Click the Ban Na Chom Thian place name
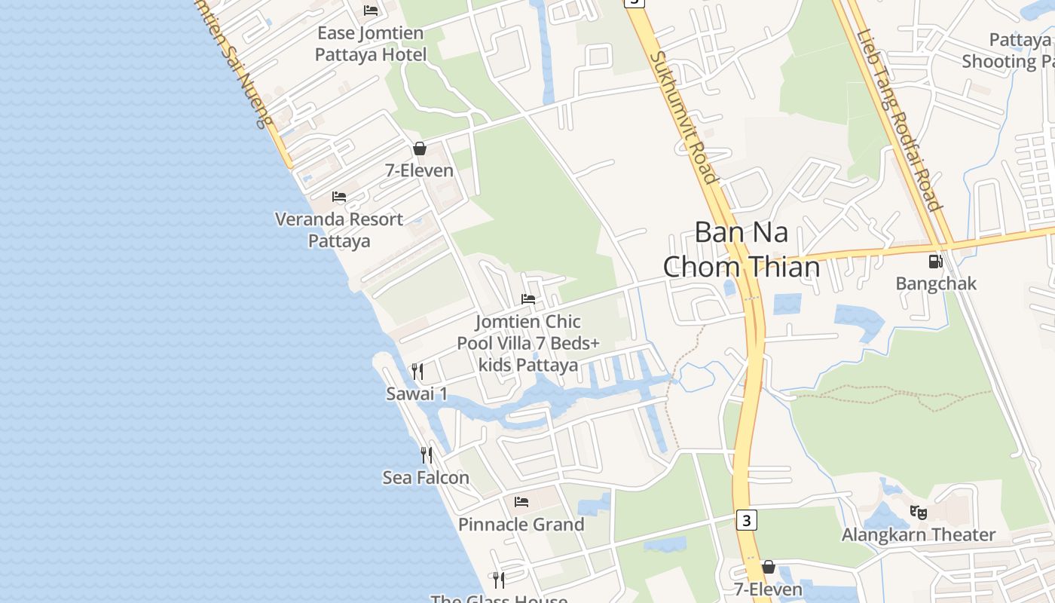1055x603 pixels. pyautogui.click(x=742, y=249)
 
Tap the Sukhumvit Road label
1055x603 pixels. pyautogui.click(x=683, y=117)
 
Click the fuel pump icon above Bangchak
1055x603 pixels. pyautogui.click(x=935, y=262)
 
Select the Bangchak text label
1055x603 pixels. pyautogui.click(x=936, y=283)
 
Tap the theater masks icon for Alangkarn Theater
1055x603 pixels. pyautogui.click(x=918, y=513)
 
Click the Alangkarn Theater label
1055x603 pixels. pyautogui.click(x=919, y=535)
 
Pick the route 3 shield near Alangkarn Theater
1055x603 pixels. pyautogui.click(x=746, y=520)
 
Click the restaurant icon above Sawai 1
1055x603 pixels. pyautogui.click(x=417, y=372)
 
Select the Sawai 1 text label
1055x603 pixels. pyautogui.click(x=417, y=393)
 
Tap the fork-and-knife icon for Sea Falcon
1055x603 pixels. pyautogui.click(x=427, y=455)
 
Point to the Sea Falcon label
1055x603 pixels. pyautogui.click(x=426, y=478)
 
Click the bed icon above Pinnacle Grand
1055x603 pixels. pyautogui.click(x=521, y=502)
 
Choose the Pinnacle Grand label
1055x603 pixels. pyautogui.click(x=521, y=525)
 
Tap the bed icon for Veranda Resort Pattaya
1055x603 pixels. pyautogui.click(x=339, y=197)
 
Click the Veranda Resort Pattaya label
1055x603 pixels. pyautogui.click(x=339, y=230)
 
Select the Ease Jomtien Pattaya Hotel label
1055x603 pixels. pyautogui.click(x=371, y=44)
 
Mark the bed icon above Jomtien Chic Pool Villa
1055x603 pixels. pyautogui.click(x=528, y=299)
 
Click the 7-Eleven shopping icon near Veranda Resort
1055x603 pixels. pyautogui.click(x=420, y=148)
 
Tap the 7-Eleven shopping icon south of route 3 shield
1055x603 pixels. pyautogui.click(x=769, y=567)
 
